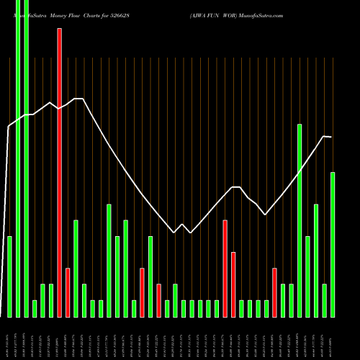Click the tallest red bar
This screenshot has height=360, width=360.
click(x=60, y=173)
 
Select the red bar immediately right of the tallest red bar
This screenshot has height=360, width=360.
click(x=68, y=292)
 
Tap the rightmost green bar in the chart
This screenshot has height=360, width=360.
click(x=333, y=245)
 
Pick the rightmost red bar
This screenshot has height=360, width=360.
click(x=274, y=292)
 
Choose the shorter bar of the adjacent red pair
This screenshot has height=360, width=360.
click(x=233, y=284)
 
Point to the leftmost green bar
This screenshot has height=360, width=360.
click(x=9, y=276)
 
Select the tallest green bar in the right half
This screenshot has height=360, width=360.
click(x=300, y=220)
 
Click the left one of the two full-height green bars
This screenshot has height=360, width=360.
click(x=18, y=158)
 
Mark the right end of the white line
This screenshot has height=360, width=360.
click(x=331, y=137)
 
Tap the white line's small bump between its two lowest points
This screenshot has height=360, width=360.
click(x=182, y=225)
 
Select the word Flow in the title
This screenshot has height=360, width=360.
click(x=78, y=14)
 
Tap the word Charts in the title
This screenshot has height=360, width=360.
click(x=101, y=14)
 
